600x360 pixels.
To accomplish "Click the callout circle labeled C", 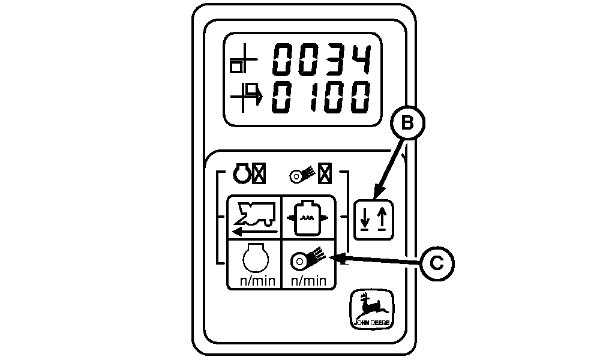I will tap(437, 262).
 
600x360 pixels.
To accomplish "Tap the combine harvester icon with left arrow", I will tap(254, 217).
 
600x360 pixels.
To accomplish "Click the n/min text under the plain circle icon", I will tap(254, 280).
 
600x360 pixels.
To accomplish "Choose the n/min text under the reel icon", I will tap(308, 280).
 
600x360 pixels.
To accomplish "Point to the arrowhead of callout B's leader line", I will tap(373, 197).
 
